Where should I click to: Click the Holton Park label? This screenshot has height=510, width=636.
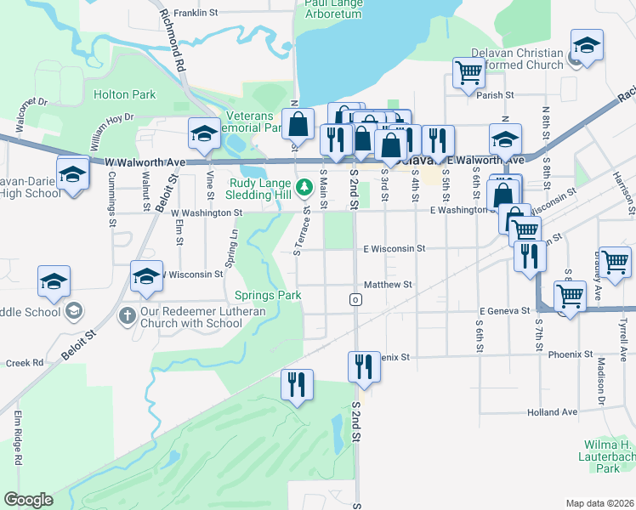coord(124,94)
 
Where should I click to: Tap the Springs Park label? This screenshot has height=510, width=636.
coord(268,296)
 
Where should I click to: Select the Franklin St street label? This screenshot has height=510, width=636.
coord(196,14)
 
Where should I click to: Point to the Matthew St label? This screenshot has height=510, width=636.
coord(388,285)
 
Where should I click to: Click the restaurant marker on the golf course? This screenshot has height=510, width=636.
coord(297,384)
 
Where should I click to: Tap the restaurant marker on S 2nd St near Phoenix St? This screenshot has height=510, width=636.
coord(364,366)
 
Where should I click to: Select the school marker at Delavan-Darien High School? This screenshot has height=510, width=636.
coord(73,173)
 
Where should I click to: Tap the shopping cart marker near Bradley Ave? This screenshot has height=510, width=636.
coord(615,261)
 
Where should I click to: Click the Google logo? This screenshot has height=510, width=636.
coord(29,500)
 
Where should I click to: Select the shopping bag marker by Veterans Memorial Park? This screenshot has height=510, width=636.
coord(298,124)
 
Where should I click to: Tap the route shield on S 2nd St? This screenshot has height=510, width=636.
coord(355,300)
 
